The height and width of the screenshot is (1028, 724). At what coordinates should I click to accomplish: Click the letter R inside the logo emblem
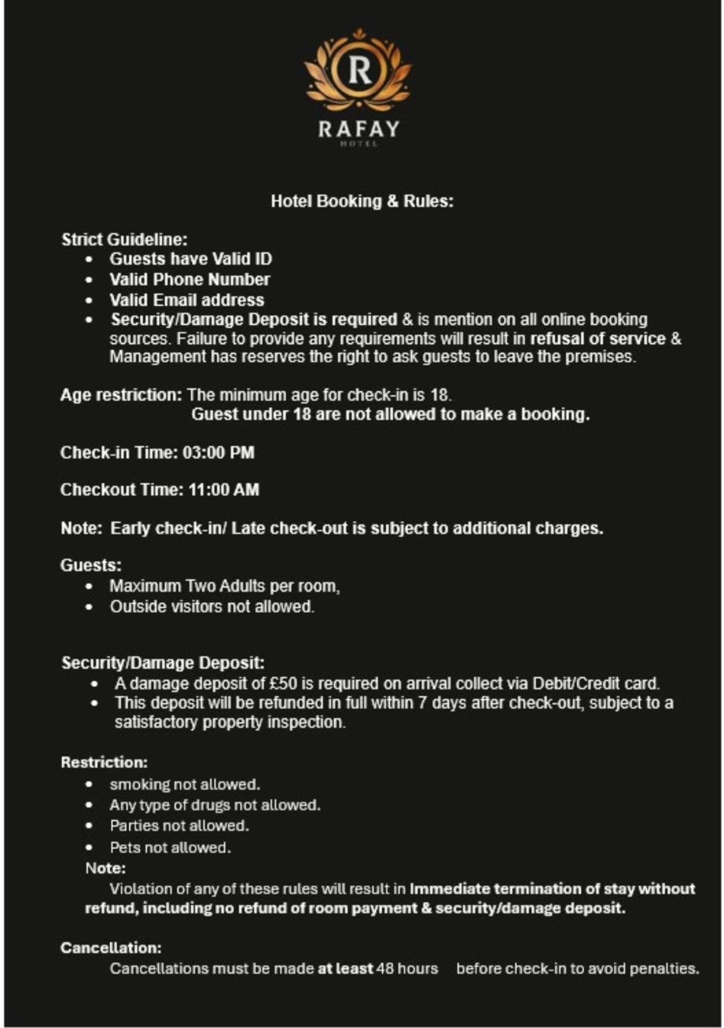tap(360, 70)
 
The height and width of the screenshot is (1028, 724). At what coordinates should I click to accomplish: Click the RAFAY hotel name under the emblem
tap(359, 129)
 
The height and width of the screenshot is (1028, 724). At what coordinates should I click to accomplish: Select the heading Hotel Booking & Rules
tap(362, 201)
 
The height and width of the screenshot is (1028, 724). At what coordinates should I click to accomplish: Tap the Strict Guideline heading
tap(124, 239)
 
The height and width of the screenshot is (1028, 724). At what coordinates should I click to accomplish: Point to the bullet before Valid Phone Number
tap(89, 280)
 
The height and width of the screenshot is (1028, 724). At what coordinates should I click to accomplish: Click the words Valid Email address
tap(187, 300)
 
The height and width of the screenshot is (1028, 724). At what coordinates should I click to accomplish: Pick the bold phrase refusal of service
tap(597, 339)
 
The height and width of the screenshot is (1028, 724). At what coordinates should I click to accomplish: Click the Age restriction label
tap(121, 395)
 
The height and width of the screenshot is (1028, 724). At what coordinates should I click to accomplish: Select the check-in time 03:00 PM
tap(218, 453)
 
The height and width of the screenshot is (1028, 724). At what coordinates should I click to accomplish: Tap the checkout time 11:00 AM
tap(224, 490)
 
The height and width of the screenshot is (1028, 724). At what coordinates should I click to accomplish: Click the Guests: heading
tap(91, 566)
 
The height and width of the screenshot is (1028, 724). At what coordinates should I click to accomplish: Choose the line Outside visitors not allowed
tap(212, 607)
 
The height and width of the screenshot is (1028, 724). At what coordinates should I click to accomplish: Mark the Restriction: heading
tap(104, 763)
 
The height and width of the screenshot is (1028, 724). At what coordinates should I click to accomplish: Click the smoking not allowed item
tap(184, 785)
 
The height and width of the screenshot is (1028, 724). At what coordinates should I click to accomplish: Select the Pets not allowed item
tap(170, 847)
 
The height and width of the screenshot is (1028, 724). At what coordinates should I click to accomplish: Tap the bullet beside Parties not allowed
tap(89, 826)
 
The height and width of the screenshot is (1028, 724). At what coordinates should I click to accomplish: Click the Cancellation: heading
tap(111, 948)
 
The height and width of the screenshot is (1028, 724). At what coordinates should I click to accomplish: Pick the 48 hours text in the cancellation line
tap(407, 969)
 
